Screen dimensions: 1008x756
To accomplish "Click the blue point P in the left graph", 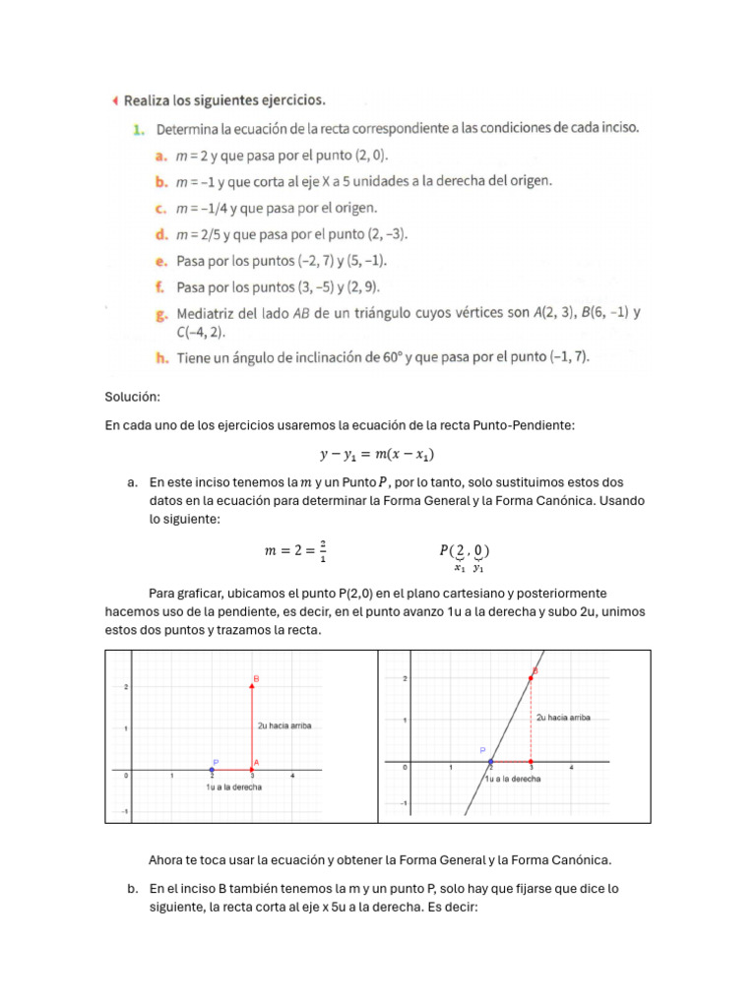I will [212, 770].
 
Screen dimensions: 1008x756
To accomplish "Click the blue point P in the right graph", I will [490, 762].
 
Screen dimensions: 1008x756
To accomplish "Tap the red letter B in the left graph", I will [256, 678].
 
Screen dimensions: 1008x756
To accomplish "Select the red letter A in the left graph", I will [256, 763].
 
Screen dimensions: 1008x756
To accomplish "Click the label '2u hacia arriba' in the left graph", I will [284, 725].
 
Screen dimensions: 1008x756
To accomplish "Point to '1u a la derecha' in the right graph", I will [513, 779].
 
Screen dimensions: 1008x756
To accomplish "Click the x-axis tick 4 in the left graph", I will [293, 777].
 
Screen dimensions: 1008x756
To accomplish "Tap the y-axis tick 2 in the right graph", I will [404, 678].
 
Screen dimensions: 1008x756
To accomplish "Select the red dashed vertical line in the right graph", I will [532, 720].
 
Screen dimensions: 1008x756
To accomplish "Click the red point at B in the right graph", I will [532, 678].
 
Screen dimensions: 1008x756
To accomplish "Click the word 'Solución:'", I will [132, 397].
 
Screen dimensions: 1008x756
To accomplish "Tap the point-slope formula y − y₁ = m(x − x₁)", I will [377, 454].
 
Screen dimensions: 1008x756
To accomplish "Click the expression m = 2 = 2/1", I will [295, 551].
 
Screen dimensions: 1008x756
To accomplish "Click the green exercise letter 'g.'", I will [163, 314].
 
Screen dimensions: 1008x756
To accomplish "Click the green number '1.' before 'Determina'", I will [139, 128].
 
